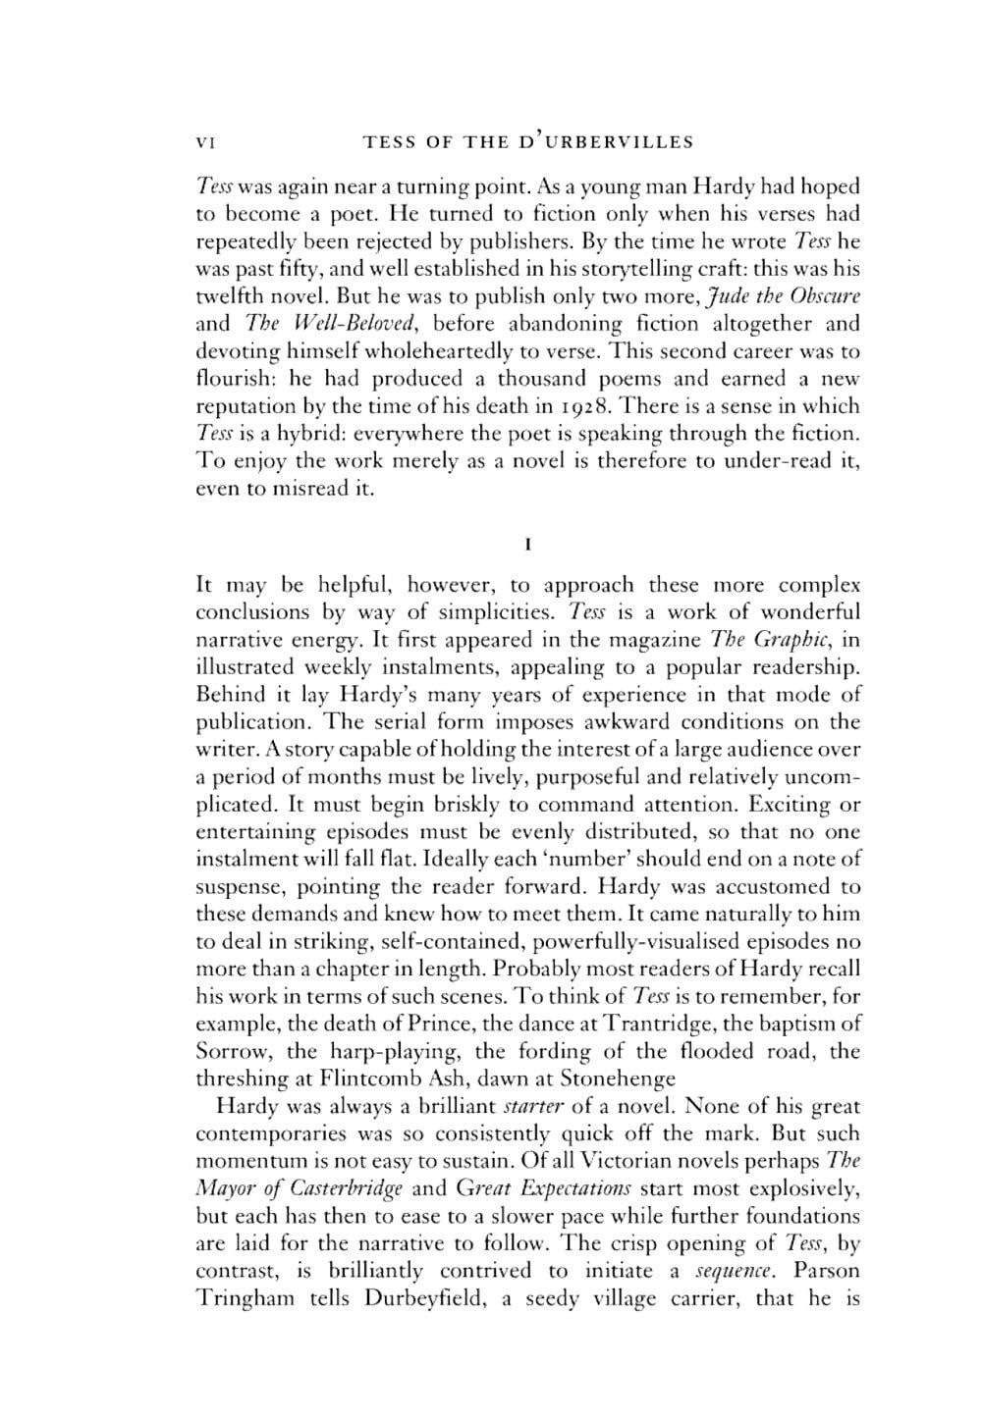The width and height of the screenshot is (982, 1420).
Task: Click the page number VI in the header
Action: click(205, 141)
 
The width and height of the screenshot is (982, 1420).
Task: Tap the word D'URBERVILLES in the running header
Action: click(606, 141)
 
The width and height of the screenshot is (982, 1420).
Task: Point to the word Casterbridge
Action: click(321, 1189)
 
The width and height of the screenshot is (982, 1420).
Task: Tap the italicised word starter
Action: click(531, 1107)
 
